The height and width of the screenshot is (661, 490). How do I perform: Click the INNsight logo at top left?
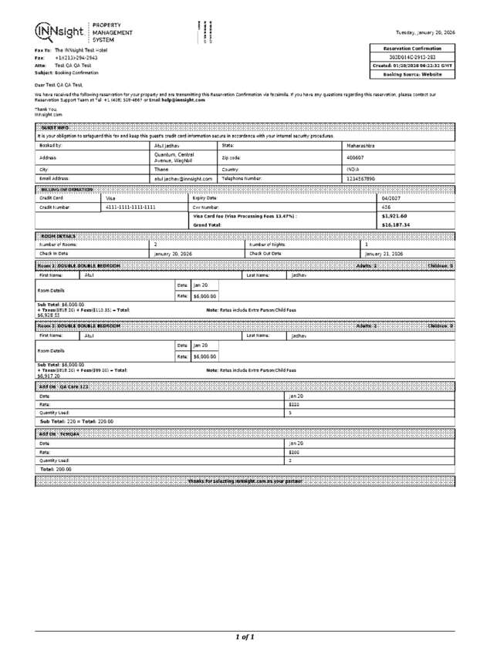[60, 31]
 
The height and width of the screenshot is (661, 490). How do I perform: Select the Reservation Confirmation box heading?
[413, 49]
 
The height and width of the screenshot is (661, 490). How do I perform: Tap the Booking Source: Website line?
[413, 75]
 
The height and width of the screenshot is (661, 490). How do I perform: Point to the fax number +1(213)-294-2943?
[76, 58]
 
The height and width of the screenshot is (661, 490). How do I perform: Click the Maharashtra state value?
[362, 145]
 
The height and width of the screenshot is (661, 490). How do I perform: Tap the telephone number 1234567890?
[362, 178]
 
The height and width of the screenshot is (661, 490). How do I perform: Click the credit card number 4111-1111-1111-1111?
[130, 207]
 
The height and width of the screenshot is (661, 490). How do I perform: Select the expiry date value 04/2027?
[391, 198]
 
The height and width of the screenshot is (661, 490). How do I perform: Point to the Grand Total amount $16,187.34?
[395, 224]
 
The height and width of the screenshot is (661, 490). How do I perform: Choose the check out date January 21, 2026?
[384, 253]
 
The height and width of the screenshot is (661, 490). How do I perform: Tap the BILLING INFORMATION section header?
[66, 190]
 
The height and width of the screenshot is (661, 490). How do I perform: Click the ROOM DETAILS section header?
[59, 235]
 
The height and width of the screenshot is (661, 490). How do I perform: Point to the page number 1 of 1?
[244, 637]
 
